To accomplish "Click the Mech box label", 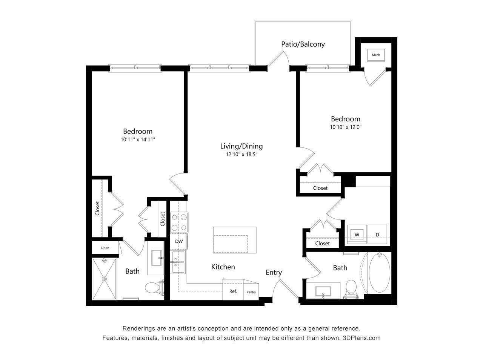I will coord(376,55).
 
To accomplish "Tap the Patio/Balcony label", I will coord(303,44).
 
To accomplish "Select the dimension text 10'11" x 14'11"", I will coord(138,140).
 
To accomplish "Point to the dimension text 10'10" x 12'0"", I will coord(346,127).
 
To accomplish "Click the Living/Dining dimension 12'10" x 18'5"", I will coord(241,154).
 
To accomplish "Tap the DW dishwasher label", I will coord(179,241).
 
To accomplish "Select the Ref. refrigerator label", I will coord(233,291).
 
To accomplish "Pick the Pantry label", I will coord(251,292).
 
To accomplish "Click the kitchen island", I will coord(234,241).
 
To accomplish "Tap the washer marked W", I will coord(357,235).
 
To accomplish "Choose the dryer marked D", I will coord(377,235).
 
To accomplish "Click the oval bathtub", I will coord(380,273).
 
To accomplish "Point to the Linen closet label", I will coord(105,248).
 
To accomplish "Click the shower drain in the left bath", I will coord(105,279).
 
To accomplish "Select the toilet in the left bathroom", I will coord(155,288).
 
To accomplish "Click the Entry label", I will coord(274,273).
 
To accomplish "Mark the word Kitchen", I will coord(223,267).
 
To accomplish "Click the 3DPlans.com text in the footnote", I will coord(361,338).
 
